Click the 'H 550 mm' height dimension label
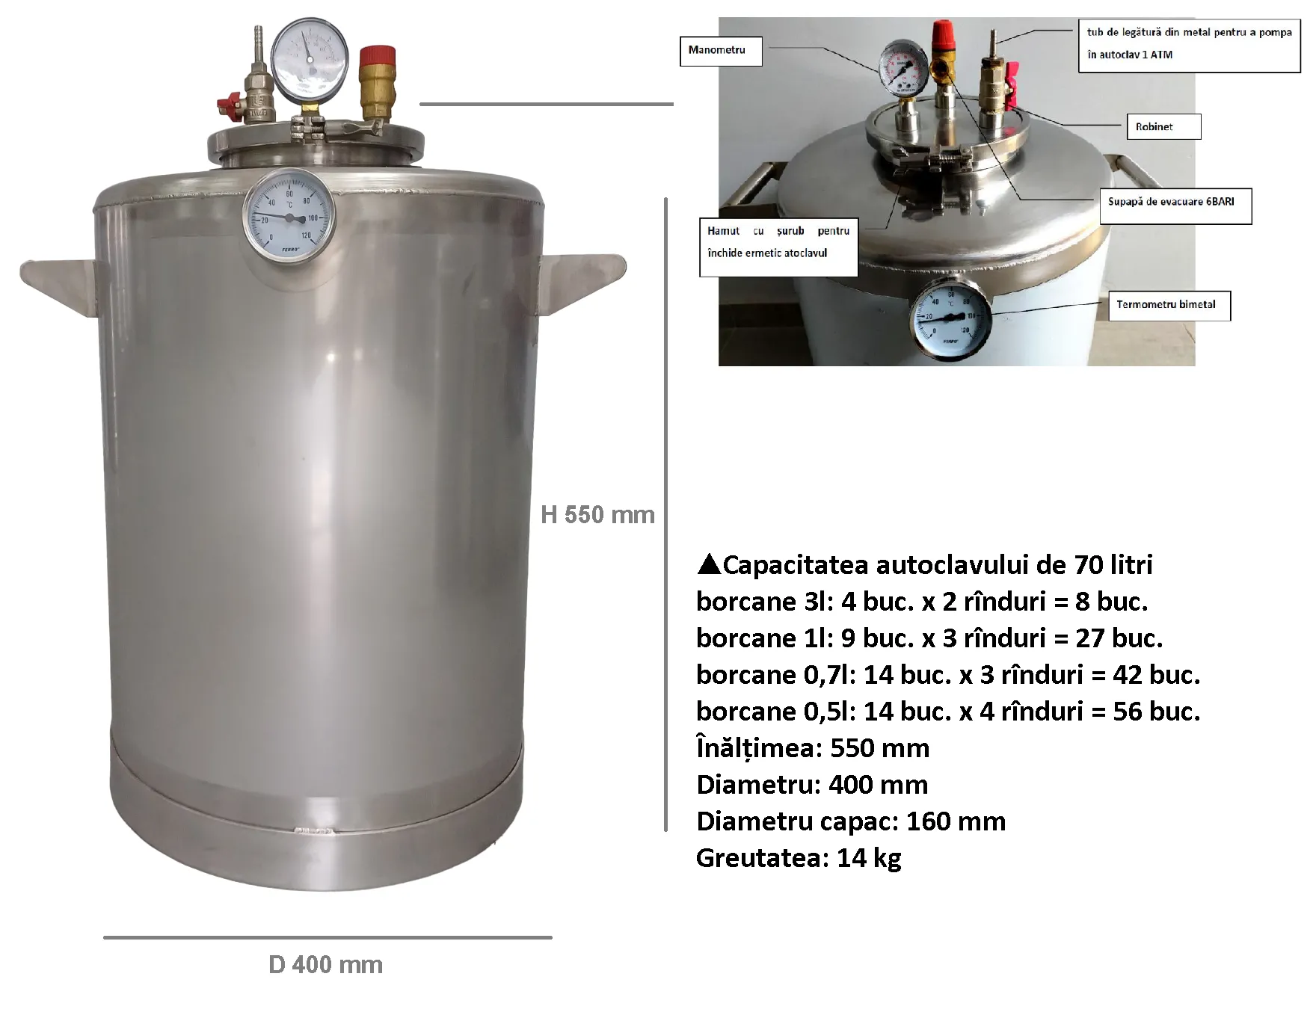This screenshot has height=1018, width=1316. (x=597, y=514)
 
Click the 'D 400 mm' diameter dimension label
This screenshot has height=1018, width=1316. (x=325, y=964)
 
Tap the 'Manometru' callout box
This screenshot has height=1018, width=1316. (x=720, y=50)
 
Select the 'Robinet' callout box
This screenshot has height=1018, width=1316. (x=1163, y=126)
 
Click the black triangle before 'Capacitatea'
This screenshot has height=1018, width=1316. (x=707, y=564)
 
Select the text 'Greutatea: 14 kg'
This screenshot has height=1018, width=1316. (x=799, y=857)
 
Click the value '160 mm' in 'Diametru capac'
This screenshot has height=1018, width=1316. (x=956, y=821)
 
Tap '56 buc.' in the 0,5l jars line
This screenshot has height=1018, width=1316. (x=1156, y=711)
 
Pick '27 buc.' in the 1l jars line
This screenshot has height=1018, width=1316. (x=1119, y=638)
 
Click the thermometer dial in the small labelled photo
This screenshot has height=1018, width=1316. (x=950, y=318)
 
